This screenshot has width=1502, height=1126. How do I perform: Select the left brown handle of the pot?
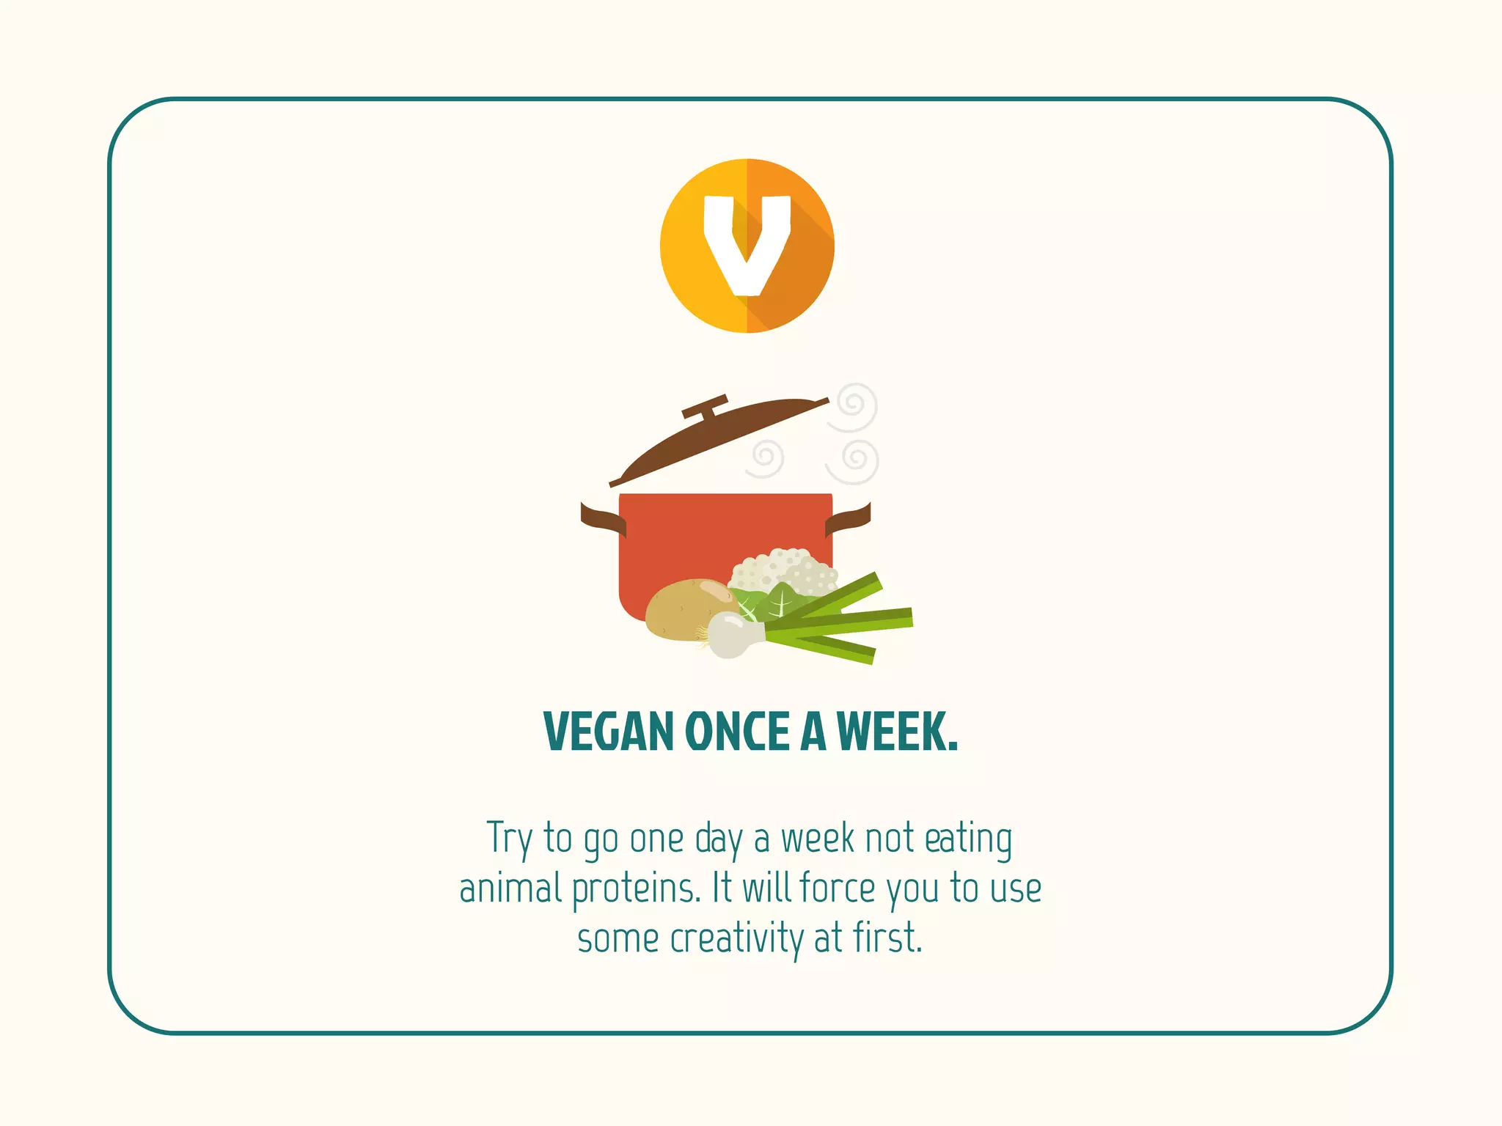(603, 519)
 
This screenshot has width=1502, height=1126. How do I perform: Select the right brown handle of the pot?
(849, 519)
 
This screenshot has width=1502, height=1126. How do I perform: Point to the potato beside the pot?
(686, 608)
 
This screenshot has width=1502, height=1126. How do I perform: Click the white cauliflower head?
(785, 568)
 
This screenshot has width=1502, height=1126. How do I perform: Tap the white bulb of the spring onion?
(730, 634)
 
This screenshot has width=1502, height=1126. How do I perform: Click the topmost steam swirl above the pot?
(854, 405)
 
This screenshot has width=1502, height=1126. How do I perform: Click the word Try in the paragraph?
(509, 839)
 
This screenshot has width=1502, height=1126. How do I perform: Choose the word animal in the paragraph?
(510, 888)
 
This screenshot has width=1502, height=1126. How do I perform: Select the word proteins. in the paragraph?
(637, 888)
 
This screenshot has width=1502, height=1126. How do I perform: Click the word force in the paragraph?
(838, 888)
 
